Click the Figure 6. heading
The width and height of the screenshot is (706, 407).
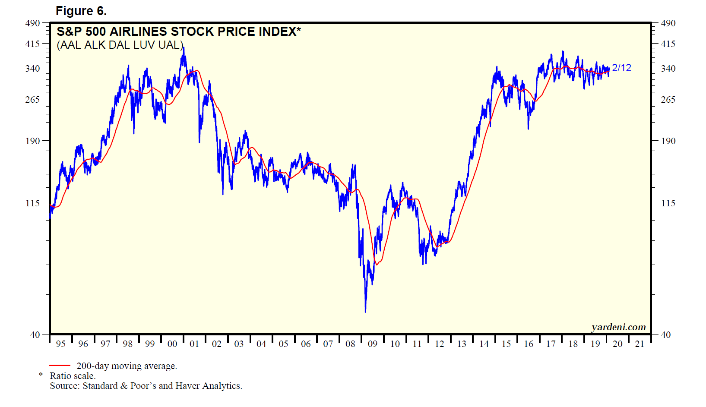pyautogui.click(x=81, y=11)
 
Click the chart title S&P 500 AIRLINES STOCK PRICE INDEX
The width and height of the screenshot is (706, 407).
pyautogui.click(x=178, y=32)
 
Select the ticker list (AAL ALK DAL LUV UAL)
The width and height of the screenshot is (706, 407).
pyautogui.click(x=120, y=45)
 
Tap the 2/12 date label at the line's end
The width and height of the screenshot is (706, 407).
pyautogui.click(x=621, y=68)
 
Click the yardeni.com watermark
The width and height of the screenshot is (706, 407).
pyautogui.click(x=618, y=327)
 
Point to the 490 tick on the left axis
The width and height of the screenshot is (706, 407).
pyautogui.click(x=33, y=23)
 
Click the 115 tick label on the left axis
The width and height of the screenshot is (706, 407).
pyautogui.click(x=33, y=203)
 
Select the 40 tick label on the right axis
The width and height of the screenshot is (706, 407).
pyautogui.click(x=666, y=334)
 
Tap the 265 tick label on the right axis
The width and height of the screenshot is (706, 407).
pyautogui.click(x=668, y=99)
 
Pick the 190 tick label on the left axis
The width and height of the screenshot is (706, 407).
pyautogui.click(x=33, y=141)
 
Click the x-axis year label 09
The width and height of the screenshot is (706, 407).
pyautogui.click(x=372, y=344)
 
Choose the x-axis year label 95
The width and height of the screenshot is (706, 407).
pyautogui.click(x=60, y=344)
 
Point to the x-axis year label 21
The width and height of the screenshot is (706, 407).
pyautogui.click(x=640, y=344)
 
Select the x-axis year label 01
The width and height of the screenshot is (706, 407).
pyautogui.click(x=194, y=344)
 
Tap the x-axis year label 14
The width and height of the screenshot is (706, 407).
pyautogui.click(x=484, y=344)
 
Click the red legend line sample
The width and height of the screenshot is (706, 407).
pyautogui.click(x=60, y=366)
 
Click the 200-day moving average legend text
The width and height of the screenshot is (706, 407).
pyautogui.click(x=127, y=366)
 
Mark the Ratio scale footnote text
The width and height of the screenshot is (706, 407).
pyautogui.click(x=73, y=376)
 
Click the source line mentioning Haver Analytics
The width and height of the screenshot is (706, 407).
pyautogui.click(x=146, y=386)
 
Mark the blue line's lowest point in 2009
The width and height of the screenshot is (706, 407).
pyautogui.click(x=365, y=311)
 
